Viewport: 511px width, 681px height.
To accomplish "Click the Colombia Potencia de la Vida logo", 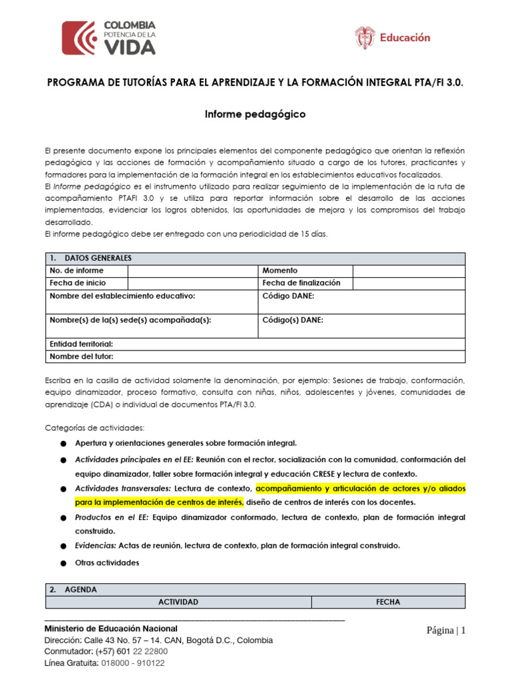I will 109,37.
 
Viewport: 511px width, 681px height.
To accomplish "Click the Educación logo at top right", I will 393,37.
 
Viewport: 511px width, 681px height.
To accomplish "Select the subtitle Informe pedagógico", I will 255,114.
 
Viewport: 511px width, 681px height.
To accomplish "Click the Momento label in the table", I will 280,271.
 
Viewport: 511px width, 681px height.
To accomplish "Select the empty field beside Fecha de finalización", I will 408,283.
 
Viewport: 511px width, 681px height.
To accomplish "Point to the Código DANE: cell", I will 289,296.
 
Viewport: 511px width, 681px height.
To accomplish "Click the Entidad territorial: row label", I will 81,344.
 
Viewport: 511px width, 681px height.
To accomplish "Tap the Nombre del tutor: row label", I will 82,356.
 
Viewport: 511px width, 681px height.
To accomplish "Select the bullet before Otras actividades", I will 63,563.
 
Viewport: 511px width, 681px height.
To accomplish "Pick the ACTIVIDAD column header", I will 178,602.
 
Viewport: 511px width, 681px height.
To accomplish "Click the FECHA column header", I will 388,602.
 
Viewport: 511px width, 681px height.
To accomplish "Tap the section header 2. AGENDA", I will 73,590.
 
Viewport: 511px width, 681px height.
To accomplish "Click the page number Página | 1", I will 446,630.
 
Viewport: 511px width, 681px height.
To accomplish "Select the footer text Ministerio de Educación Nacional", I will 110,628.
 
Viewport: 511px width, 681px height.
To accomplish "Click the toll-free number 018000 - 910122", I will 134,663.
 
